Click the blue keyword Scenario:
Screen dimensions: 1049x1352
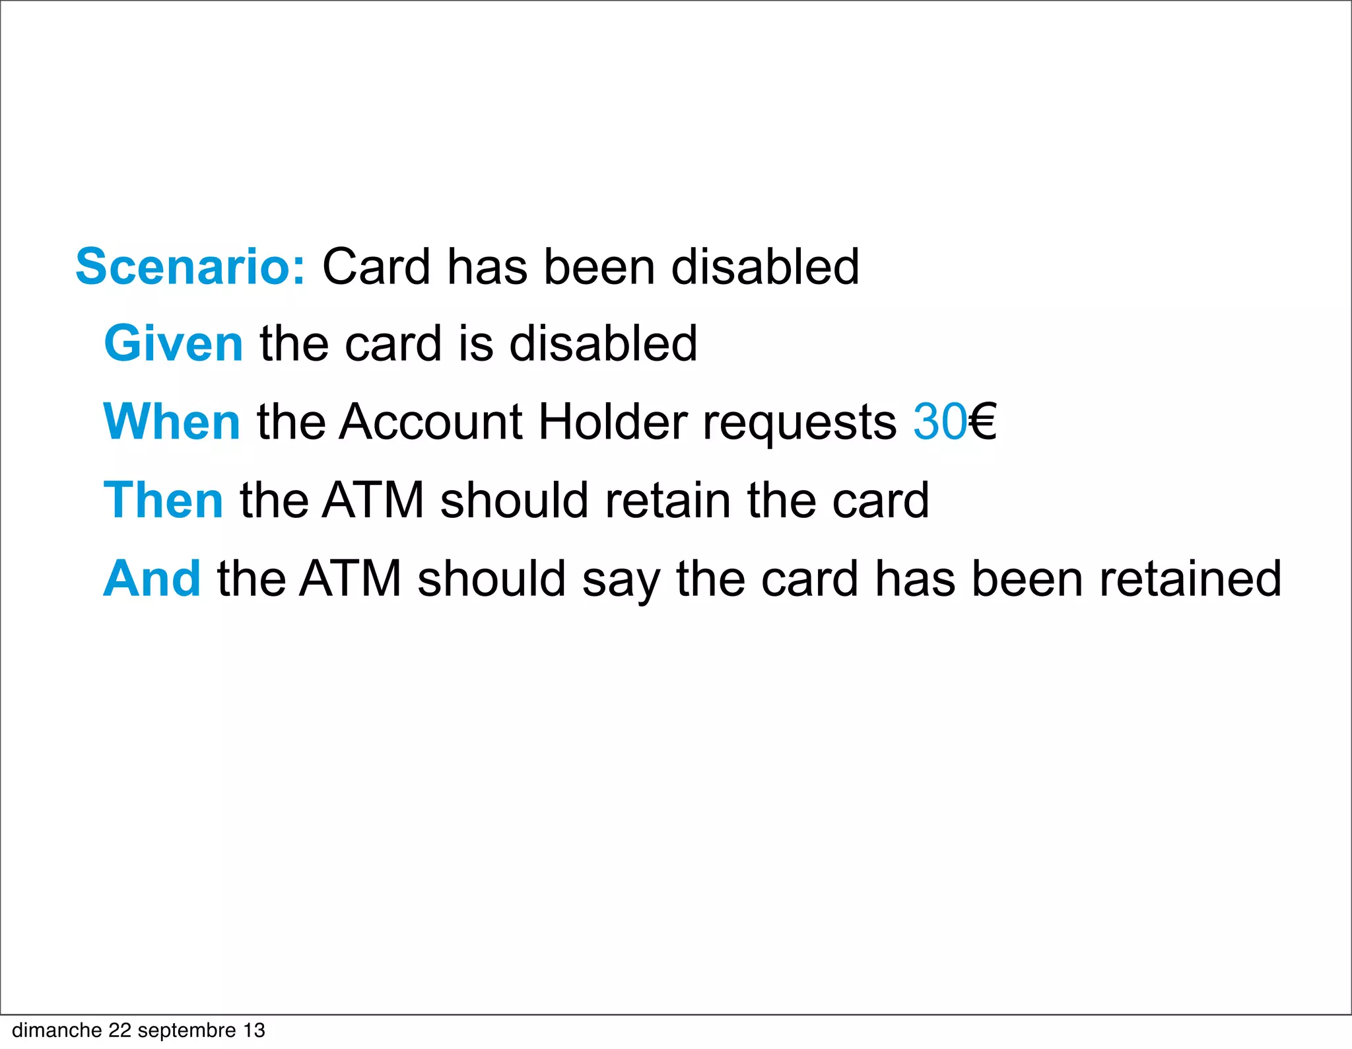pyautogui.click(x=190, y=267)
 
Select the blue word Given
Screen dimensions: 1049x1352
pyautogui.click(x=174, y=344)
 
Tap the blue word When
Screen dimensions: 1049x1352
pyautogui.click(x=172, y=422)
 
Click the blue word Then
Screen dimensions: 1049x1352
pyautogui.click(x=164, y=500)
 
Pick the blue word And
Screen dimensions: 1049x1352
pyautogui.click(x=152, y=579)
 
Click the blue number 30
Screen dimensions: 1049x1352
pyautogui.click(x=939, y=422)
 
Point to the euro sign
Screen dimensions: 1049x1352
pyautogui.click(x=982, y=422)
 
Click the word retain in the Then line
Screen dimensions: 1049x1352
pyautogui.click(x=667, y=500)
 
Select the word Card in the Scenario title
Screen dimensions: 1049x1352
pyautogui.click(x=376, y=267)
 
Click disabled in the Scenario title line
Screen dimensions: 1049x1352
pyautogui.click(x=765, y=267)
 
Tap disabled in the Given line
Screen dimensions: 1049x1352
pyautogui.click(x=603, y=344)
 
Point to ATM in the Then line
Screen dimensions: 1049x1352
pyautogui.click(x=373, y=500)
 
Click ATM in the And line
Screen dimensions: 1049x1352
pyautogui.click(x=351, y=579)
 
